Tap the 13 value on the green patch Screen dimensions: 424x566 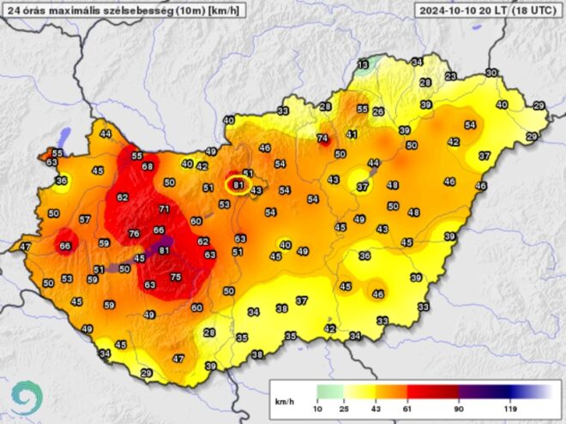pos(364,65)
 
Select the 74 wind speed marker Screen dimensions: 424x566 pos(323,139)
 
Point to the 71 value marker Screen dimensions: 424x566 pos(165,209)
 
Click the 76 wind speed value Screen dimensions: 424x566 pos(134,234)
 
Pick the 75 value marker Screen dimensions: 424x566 pos(176,277)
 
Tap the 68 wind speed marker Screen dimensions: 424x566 pos(148,166)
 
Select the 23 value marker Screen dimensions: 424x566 pos(451,76)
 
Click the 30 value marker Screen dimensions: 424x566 pos(491,73)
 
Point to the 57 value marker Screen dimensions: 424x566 pos(84,219)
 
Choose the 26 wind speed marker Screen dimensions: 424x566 pos(378,112)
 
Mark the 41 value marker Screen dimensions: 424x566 pos(352,134)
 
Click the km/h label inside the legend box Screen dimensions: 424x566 pos(284,401)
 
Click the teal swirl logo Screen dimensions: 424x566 pos(26,397)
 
